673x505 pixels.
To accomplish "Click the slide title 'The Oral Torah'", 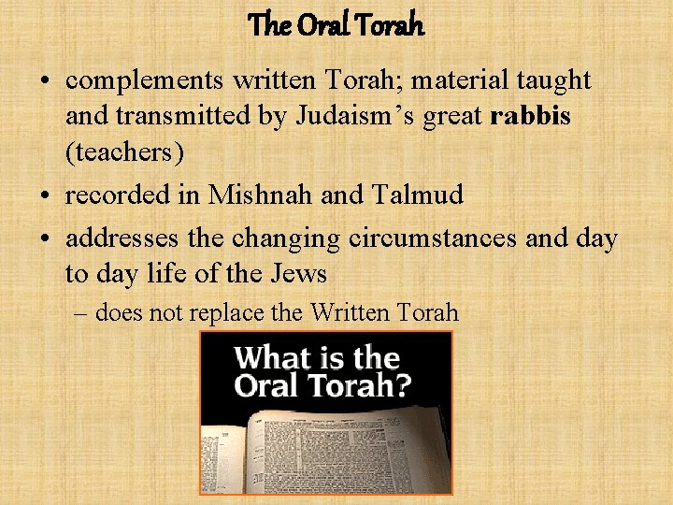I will click(x=336, y=25).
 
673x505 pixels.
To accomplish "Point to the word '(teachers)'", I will click(x=124, y=151).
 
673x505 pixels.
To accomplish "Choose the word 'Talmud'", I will click(x=417, y=195).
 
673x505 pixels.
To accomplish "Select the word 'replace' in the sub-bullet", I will click(x=231, y=313).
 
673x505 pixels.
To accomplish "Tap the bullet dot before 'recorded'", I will click(x=46, y=195).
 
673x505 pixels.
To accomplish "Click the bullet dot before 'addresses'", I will click(x=46, y=238).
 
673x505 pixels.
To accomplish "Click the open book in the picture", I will click(x=318, y=449).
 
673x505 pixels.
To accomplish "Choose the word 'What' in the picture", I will click(x=269, y=358).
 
